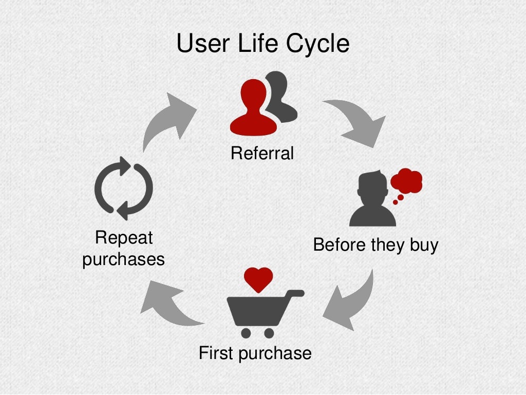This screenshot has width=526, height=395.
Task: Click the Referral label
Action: click(262, 153)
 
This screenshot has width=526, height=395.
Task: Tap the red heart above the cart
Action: click(258, 278)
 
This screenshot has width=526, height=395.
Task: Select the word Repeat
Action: click(124, 238)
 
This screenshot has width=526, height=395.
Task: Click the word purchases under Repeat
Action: click(124, 259)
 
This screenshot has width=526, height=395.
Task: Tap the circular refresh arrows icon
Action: click(124, 188)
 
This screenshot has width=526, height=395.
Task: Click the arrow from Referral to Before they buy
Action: click(358, 121)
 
